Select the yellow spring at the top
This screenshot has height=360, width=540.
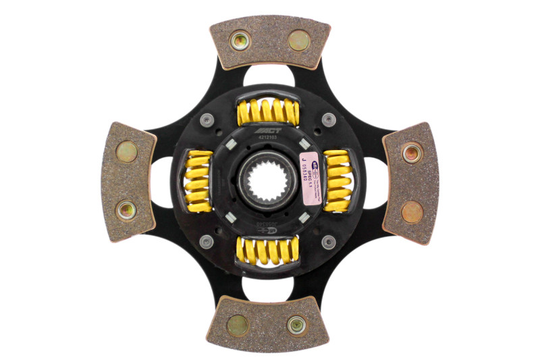click(x=268, y=111)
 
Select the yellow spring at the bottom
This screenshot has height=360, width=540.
click(x=268, y=249)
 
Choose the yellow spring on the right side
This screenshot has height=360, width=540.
click(x=337, y=180)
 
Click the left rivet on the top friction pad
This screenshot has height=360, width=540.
click(x=240, y=41)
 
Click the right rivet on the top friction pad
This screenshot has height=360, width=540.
click(x=298, y=41)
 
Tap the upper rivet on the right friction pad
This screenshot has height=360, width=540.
click(x=412, y=153)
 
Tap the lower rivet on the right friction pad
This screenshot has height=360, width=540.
click(x=412, y=212)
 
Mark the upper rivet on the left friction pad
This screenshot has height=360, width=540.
click(x=126, y=151)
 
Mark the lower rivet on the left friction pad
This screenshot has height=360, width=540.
click(x=126, y=210)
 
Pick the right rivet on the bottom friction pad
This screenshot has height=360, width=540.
click(x=296, y=325)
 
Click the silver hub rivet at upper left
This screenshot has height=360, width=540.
click(x=207, y=120)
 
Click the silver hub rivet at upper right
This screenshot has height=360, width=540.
click(x=328, y=120)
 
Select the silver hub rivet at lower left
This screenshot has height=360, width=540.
click(x=207, y=241)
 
